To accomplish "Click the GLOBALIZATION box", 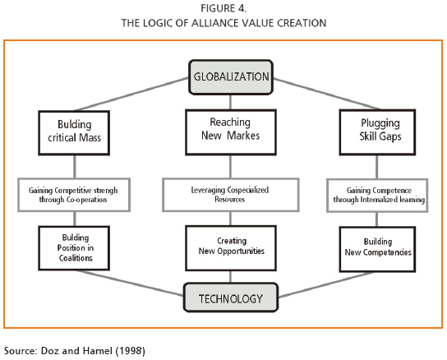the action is click(x=231, y=77).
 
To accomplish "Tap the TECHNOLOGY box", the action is click(x=231, y=298).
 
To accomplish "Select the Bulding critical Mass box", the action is click(x=74, y=133).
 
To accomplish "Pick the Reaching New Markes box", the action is click(x=231, y=132).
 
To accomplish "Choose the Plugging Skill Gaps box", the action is click(x=377, y=132).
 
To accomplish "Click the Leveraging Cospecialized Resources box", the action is click(x=231, y=195).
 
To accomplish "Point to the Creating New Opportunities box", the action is click(x=231, y=248).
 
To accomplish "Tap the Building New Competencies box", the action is click(x=377, y=249).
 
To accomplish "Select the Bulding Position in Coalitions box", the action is click(x=74, y=248).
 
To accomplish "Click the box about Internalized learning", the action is click(x=377, y=196).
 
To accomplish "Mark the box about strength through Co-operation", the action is click(x=74, y=195).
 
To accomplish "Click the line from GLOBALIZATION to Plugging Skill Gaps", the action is click(x=326, y=94).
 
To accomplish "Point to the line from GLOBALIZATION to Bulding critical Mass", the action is click(x=131, y=94).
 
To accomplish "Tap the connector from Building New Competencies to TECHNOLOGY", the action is click(x=326, y=284).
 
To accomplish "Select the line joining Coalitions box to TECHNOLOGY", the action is click(x=131, y=283).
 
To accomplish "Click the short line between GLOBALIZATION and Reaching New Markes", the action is click(x=230, y=102).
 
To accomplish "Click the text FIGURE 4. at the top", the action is click(x=223, y=8).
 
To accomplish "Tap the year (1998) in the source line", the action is click(x=131, y=351).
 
